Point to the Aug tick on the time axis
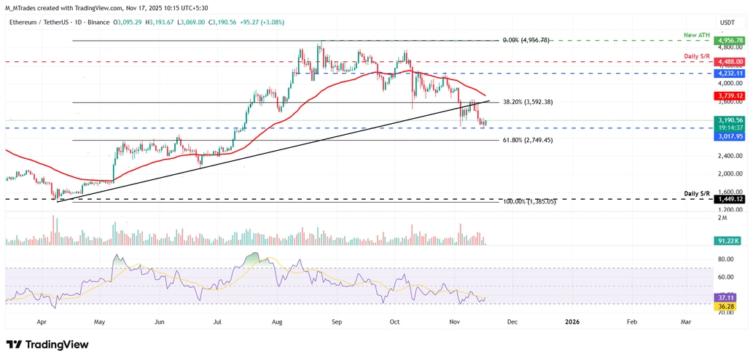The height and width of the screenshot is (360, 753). [277, 321]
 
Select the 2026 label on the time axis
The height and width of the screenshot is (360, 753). [572, 321]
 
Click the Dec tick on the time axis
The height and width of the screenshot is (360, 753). [512, 321]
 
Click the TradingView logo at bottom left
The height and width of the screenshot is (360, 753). [47, 344]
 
